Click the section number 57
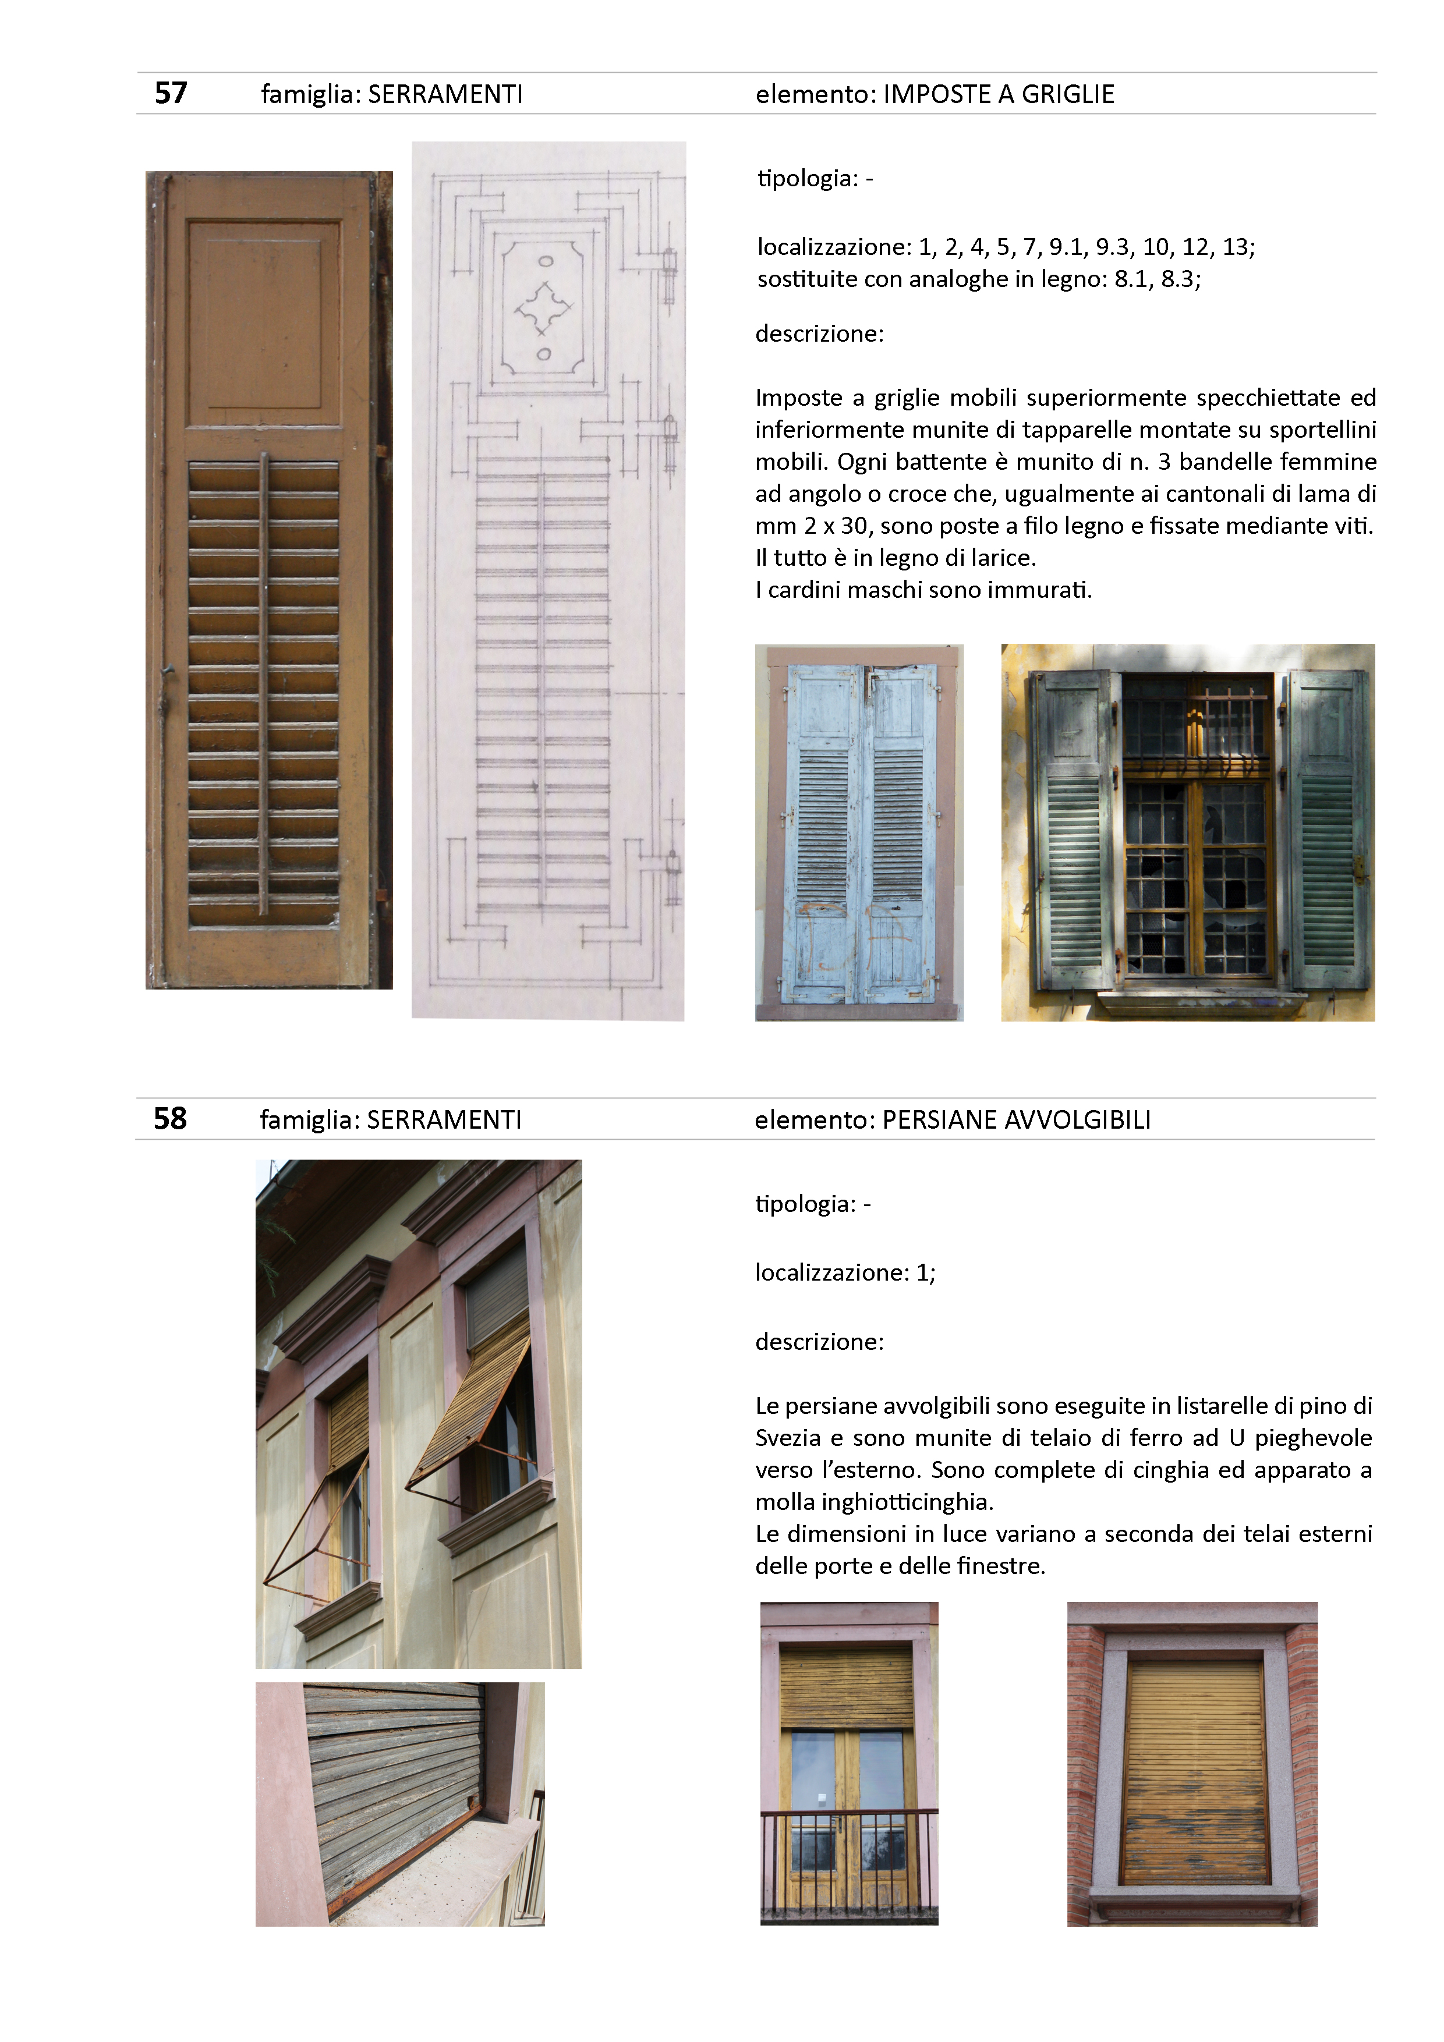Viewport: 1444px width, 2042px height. click(171, 93)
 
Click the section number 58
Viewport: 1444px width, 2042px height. click(170, 1118)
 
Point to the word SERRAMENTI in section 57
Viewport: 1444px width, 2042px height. click(445, 94)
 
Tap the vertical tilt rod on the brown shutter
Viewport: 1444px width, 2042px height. click(263, 685)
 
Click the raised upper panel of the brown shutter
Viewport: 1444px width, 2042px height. click(264, 315)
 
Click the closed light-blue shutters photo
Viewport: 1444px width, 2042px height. click(859, 832)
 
